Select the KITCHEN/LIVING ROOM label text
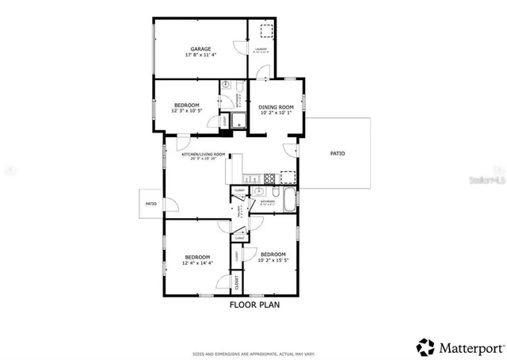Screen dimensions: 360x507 (204, 155)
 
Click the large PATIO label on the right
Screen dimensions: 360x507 (337, 154)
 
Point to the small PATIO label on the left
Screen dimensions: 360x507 (151, 205)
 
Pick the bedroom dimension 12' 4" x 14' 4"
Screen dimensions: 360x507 (198, 262)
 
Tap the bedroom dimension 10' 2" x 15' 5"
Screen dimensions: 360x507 (273, 259)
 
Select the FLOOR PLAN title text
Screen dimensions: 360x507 (254, 304)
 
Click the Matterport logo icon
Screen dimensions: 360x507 (426, 346)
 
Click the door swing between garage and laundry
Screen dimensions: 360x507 (239, 50)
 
